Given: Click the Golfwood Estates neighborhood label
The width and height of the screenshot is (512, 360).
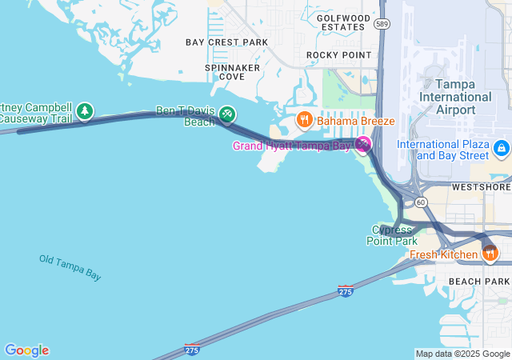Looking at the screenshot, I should [x=343, y=22].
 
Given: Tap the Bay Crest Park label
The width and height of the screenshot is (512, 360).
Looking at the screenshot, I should [x=226, y=42].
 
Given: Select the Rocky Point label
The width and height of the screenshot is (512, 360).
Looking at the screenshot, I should [x=339, y=54].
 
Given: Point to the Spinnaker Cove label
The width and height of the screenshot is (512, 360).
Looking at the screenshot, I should [x=232, y=72].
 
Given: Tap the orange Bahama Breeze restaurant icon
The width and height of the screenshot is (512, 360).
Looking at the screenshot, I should [x=304, y=121].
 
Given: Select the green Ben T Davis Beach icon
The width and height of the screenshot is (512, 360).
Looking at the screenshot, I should [x=227, y=115].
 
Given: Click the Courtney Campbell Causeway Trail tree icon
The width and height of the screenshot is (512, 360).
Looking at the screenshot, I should [x=85, y=112].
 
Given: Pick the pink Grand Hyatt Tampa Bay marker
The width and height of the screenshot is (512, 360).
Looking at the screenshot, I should [x=364, y=144].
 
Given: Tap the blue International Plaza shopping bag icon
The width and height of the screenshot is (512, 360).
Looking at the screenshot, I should [x=502, y=148].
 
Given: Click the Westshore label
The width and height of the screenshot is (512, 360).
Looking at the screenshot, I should [x=480, y=186].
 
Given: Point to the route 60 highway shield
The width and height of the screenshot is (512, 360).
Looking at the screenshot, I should [x=421, y=202].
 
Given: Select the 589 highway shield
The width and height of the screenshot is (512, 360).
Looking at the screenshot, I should [x=382, y=25].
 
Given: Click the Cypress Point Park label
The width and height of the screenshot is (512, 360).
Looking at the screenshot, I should [x=392, y=234].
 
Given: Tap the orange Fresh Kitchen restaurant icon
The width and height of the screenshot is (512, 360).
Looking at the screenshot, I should [x=490, y=254].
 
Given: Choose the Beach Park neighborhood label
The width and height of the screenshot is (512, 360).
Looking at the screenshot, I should [x=478, y=282].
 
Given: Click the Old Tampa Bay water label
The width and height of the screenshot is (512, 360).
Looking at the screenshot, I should [x=70, y=267].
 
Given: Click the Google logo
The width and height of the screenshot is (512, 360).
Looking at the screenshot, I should [x=26, y=350].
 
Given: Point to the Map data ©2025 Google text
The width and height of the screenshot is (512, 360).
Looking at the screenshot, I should [x=462, y=354].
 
